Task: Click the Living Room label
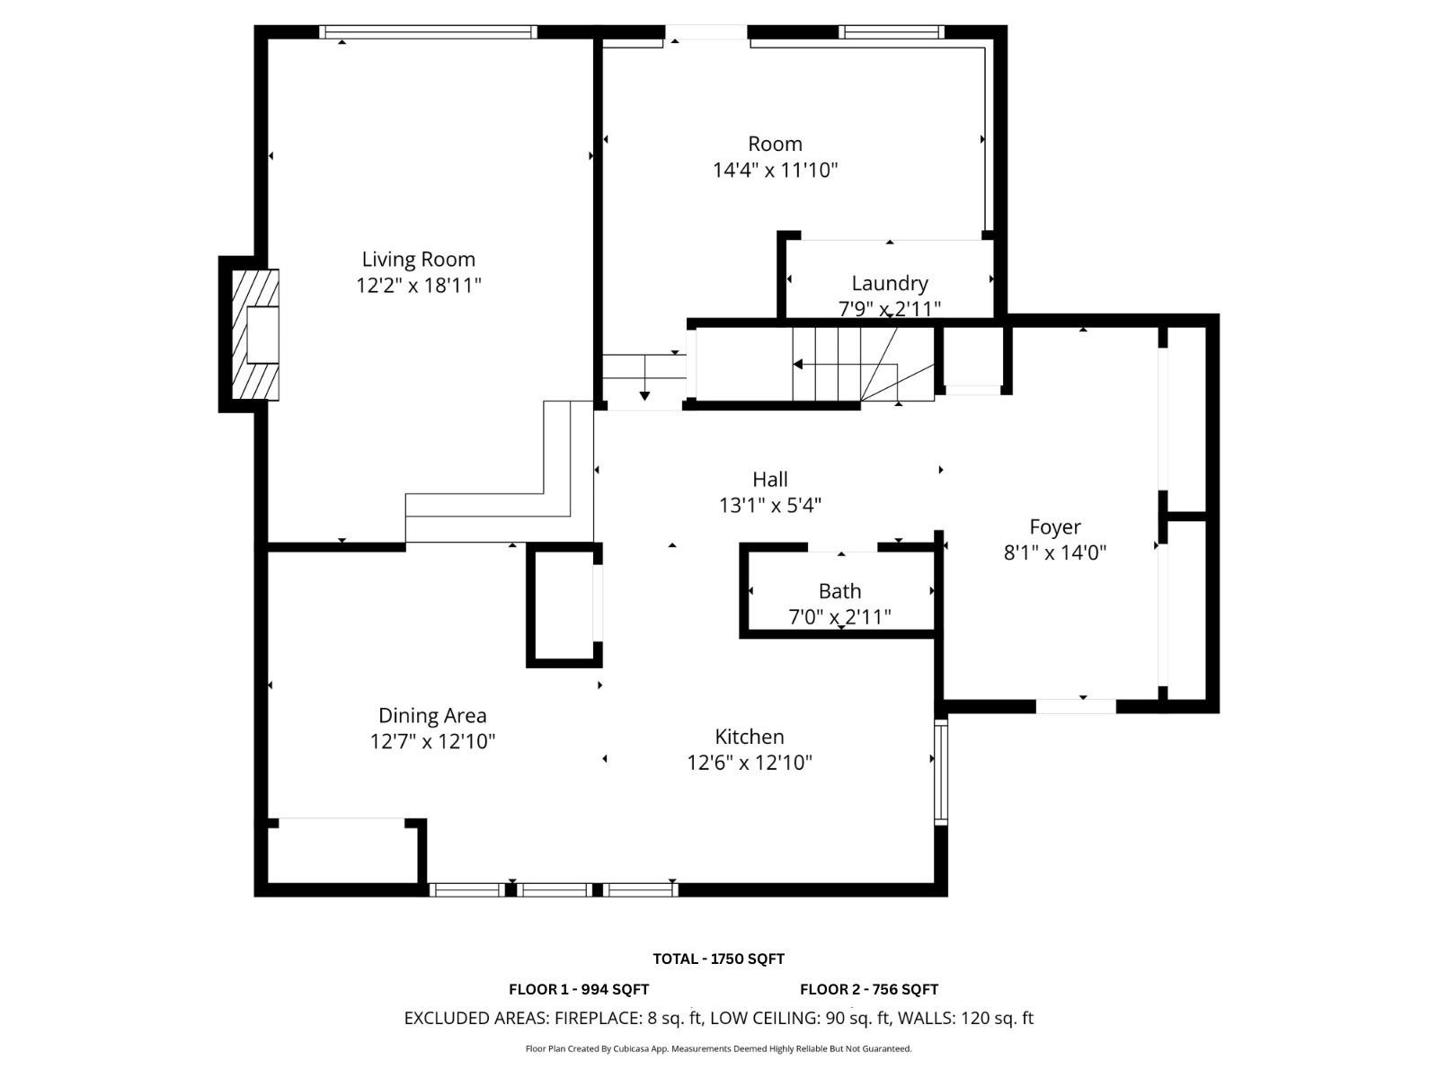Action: (x=418, y=260)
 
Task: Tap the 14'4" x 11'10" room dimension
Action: (x=775, y=170)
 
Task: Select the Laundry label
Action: (x=889, y=283)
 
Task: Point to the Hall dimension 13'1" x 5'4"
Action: (x=770, y=506)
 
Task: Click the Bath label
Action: (x=839, y=591)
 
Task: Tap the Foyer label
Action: (x=1054, y=526)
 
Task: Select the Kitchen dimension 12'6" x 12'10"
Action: (x=750, y=763)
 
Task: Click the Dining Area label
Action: (x=432, y=715)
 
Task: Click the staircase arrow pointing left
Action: (x=798, y=364)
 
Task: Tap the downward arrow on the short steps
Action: (x=644, y=394)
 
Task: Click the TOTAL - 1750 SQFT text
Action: (x=718, y=959)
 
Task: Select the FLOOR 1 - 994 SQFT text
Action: (x=579, y=989)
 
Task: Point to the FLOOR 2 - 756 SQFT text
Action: (x=869, y=989)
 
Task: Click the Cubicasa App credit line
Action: (x=718, y=1048)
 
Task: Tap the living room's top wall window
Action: (x=428, y=32)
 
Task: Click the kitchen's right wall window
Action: (x=941, y=773)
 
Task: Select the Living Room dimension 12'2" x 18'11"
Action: (x=418, y=286)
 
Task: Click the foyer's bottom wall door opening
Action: (x=1076, y=706)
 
